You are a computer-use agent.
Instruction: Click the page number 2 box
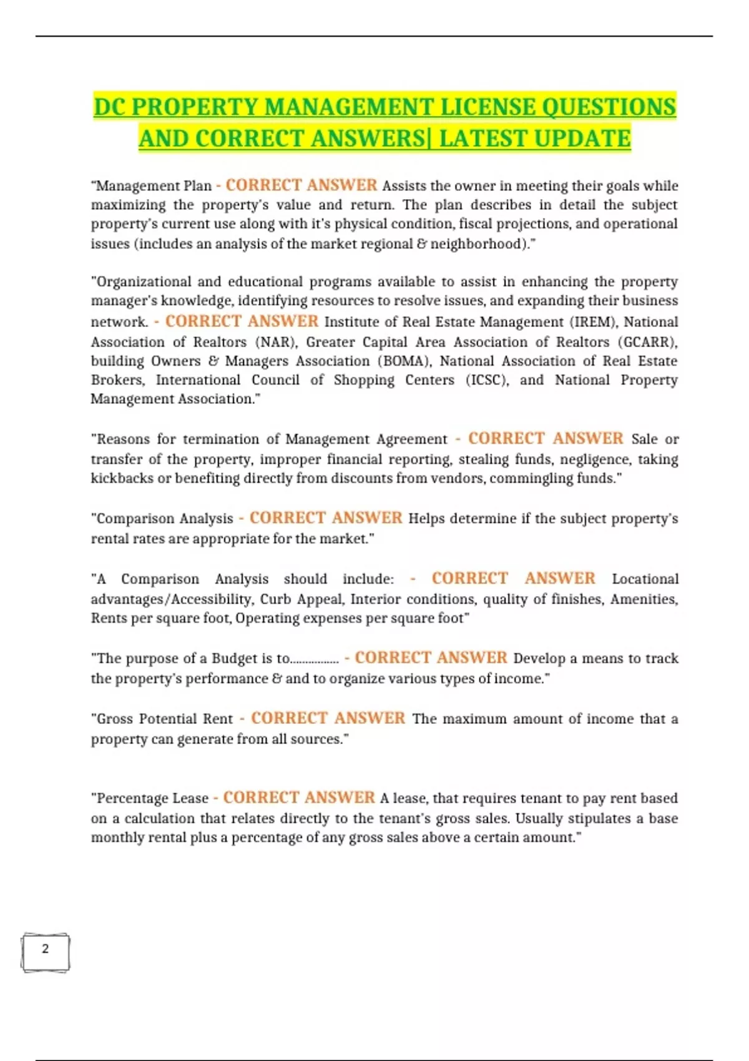(x=45, y=952)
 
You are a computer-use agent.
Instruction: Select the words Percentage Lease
(x=152, y=798)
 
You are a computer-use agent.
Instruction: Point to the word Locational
(x=645, y=579)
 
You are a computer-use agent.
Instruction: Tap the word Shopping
(x=363, y=380)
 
